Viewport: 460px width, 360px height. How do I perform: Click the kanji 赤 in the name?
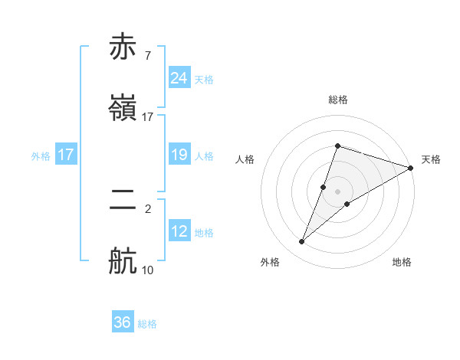tap(124, 47)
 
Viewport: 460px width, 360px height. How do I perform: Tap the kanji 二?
tap(124, 201)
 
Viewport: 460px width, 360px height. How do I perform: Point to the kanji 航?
tap(124, 260)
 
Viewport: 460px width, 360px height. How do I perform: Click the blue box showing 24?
tap(179, 77)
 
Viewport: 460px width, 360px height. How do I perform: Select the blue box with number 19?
tap(179, 155)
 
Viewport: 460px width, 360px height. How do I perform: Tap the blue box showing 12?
tap(179, 231)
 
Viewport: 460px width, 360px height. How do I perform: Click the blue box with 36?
tap(123, 322)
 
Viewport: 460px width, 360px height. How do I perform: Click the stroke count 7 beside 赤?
tap(147, 56)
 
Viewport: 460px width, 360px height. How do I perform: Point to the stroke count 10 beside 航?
tap(148, 270)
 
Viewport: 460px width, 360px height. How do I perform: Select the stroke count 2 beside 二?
tap(147, 208)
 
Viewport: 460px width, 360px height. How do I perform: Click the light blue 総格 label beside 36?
tap(147, 324)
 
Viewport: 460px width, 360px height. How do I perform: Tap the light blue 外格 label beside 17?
tap(41, 156)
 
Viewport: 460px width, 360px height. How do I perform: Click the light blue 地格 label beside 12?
tap(204, 233)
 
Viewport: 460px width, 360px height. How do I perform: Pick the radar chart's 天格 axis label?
tap(431, 159)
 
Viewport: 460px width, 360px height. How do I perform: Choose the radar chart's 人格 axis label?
tap(245, 159)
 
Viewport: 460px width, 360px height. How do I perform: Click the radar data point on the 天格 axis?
tap(411, 168)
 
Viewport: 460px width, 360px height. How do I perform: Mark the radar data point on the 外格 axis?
tap(302, 242)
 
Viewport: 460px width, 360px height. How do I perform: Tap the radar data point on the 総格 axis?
tap(337, 146)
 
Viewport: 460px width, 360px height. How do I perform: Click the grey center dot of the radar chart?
tap(337, 191)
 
